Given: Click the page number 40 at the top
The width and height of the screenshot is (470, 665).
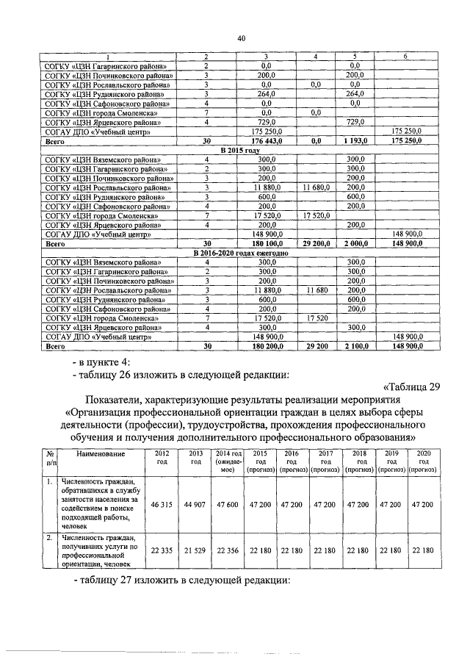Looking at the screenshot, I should (241, 38).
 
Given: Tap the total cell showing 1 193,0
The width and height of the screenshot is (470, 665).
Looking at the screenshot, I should (355, 139).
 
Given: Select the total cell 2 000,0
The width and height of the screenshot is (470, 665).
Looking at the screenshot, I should (355, 242).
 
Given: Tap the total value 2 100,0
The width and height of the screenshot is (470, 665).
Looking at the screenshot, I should (355, 345).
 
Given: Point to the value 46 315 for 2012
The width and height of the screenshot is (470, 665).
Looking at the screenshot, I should (162, 506).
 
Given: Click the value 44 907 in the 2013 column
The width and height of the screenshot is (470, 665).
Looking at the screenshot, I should (195, 506).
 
